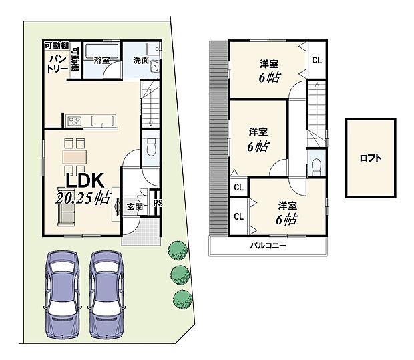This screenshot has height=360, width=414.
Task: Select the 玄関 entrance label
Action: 134,206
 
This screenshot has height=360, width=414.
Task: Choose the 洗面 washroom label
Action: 141,59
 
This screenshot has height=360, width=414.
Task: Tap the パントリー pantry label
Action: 55,64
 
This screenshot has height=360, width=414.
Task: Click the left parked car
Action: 65,294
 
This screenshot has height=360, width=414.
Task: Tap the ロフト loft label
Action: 371,158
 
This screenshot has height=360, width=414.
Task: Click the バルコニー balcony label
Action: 270,246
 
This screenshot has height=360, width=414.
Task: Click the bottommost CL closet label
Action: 238,216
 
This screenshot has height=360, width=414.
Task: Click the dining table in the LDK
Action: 75,156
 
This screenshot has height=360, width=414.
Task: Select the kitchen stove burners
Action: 75,121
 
